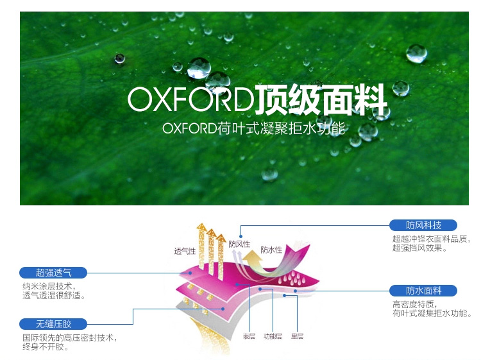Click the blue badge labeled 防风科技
424,225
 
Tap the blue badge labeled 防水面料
424,290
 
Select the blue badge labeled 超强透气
54,272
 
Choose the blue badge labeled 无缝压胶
54,323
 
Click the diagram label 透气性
185,251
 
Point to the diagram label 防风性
239,244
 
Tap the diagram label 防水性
271,250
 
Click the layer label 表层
249,336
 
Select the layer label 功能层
273,336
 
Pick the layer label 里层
297,336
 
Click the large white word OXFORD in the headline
190,99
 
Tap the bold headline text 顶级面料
321,99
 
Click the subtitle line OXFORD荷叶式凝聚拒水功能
254,128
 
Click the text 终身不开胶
46,347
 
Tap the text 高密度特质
414,305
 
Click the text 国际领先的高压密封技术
69,338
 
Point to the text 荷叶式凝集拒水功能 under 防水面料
431,314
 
